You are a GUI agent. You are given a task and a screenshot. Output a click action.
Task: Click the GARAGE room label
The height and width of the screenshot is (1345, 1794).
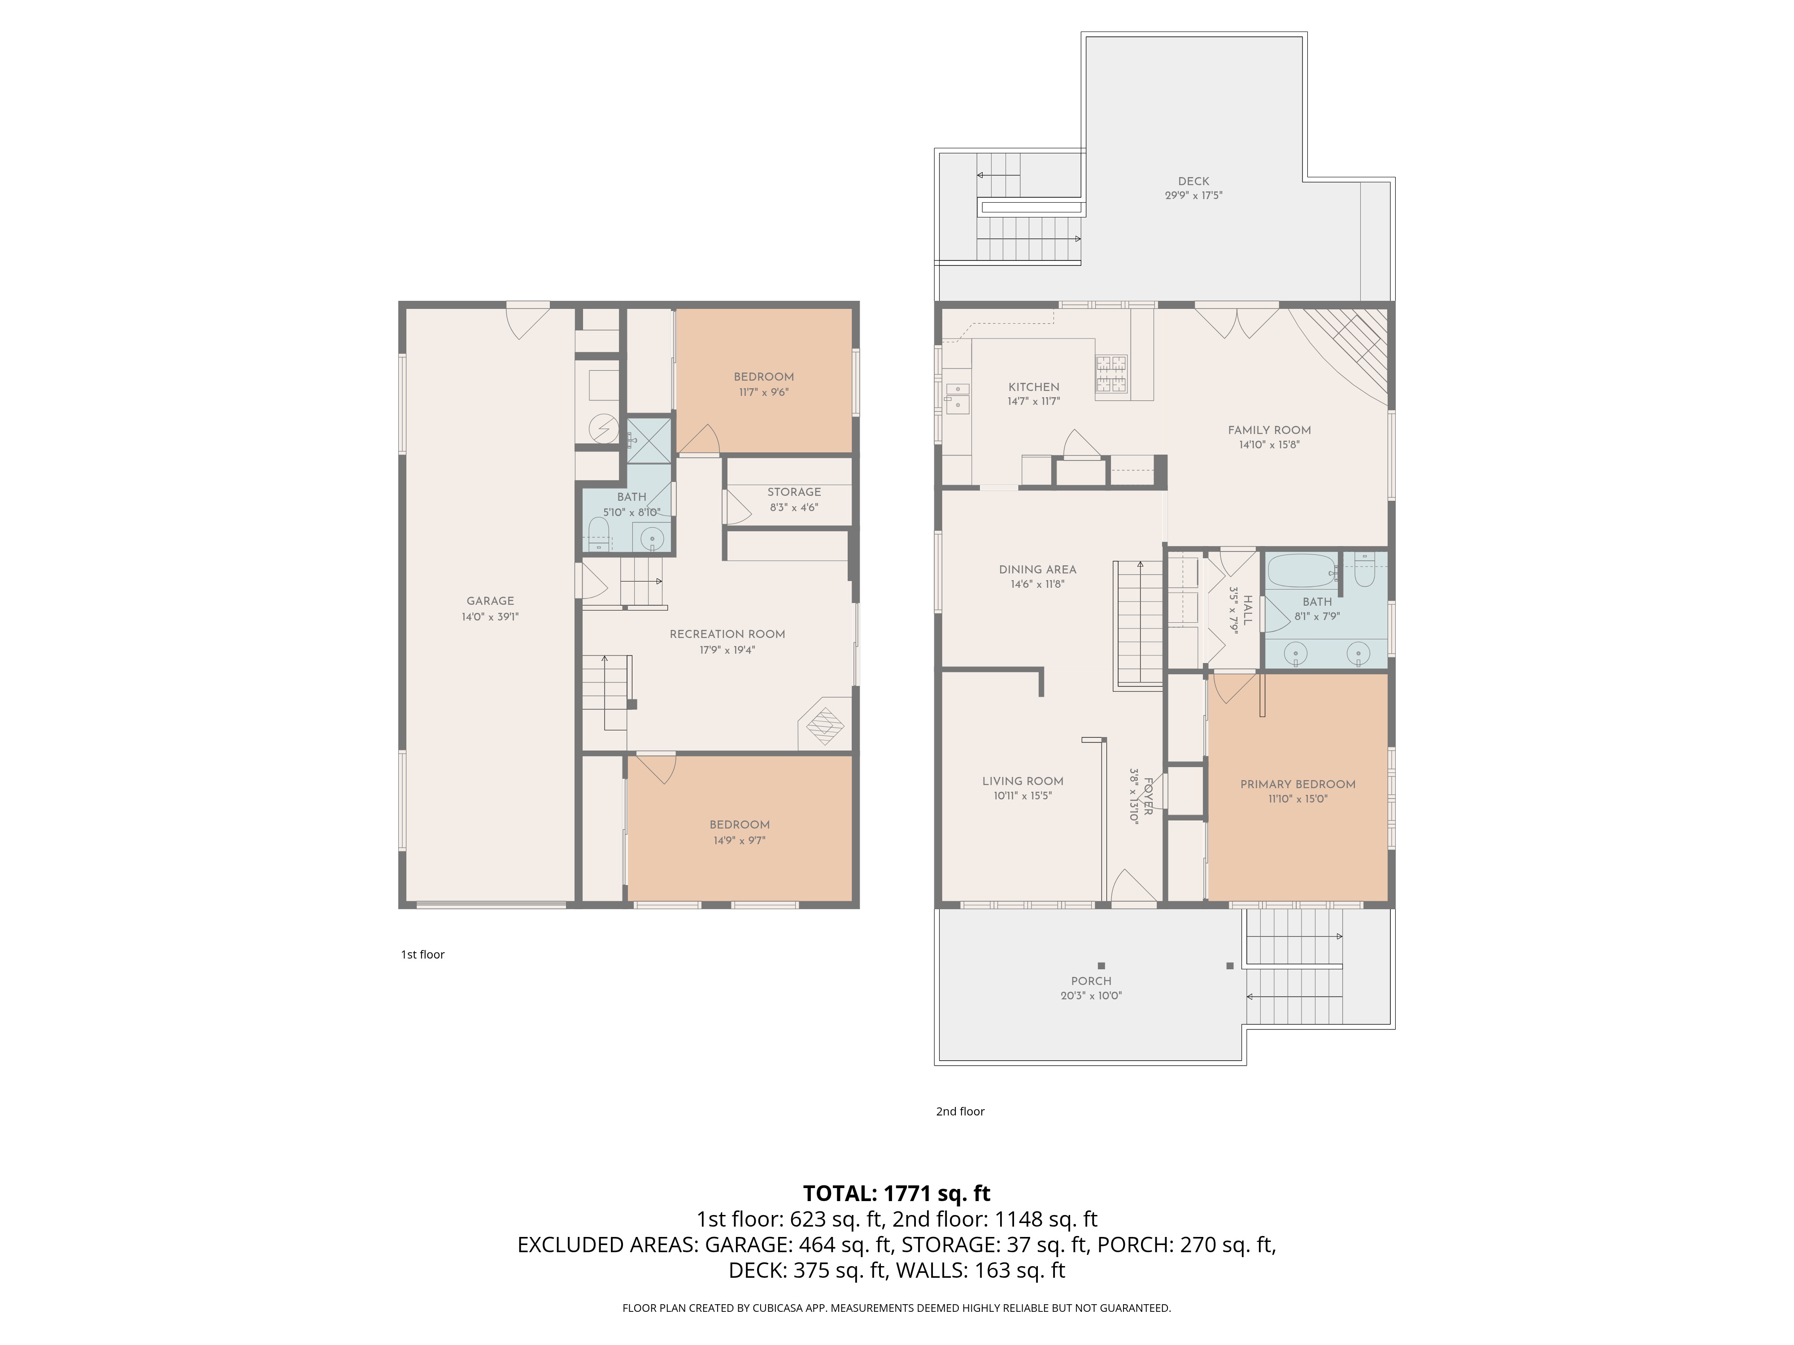coord(490,601)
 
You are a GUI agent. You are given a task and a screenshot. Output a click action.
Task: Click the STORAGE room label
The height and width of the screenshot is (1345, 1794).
coord(794,492)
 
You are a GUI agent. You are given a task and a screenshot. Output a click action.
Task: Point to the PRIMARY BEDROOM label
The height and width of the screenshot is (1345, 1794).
coord(1298,784)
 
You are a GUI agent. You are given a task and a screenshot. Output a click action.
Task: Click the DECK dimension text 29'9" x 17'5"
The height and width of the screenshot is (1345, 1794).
coord(1193,195)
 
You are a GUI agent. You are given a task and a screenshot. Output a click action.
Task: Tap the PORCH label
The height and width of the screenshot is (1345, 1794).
coord(1091,981)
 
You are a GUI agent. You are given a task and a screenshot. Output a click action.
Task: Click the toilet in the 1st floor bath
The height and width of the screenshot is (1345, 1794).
coord(599,534)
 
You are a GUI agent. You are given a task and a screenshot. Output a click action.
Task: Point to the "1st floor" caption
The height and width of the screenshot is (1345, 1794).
coord(422,954)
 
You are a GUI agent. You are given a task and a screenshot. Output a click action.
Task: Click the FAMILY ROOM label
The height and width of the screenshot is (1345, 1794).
coord(1269,430)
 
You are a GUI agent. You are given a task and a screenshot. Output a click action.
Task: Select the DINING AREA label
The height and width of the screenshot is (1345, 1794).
coord(1037,569)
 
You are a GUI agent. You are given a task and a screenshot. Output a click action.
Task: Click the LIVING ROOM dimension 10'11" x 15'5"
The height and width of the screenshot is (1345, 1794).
coord(1023,796)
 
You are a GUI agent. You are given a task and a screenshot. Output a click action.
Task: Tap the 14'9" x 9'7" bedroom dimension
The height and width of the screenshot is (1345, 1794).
coord(739,841)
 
